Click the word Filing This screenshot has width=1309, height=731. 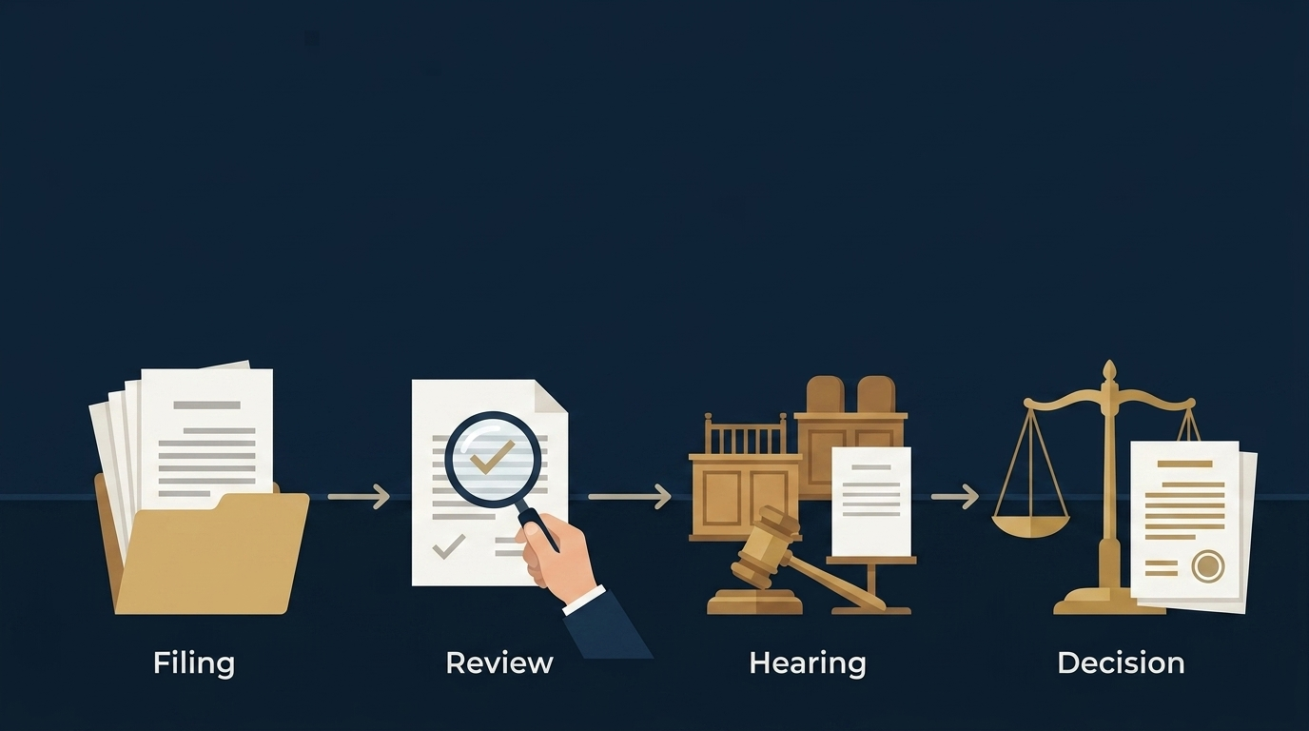(194, 663)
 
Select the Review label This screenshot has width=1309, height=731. (499, 663)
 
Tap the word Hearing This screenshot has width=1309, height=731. (808, 663)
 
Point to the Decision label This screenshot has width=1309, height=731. (1121, 663)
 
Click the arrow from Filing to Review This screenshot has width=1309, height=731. (359, 497)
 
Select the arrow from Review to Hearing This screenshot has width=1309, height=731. (630, 497)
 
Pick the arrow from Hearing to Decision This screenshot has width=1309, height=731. (955, 497)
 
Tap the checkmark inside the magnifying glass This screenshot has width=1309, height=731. (492, 457)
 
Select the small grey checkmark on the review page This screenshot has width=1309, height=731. (448, 546)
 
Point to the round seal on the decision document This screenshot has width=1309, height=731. (1208, 566)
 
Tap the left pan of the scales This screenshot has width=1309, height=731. (1031, 526)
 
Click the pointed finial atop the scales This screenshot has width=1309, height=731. (1109, 371)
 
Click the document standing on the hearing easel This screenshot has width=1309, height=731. (870, 502)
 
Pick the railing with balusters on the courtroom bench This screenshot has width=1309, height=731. (746, 433)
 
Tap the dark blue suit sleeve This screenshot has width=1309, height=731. (608, 625)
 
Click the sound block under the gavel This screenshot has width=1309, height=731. (754, 603)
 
